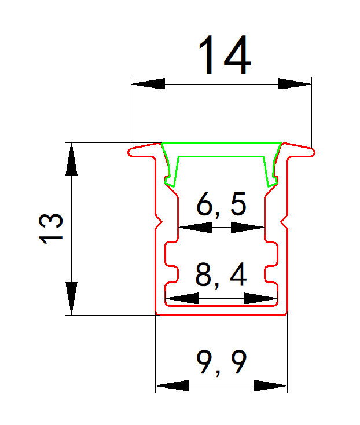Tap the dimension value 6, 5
click(x=222, y=206)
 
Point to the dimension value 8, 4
click(x=221, y=276)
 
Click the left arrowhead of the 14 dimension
click(x=148, y=84)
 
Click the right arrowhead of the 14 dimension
click(x=295, y=84)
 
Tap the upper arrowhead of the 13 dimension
click(x=71, y=159)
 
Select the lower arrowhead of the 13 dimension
click(x=71, y=298)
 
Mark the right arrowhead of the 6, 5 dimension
click(x=248, y=228)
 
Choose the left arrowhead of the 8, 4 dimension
click(x=182, y=299)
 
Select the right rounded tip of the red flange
click(x=313, y=153)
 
